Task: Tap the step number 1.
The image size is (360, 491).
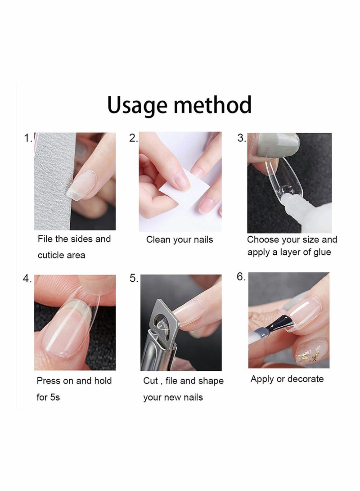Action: tap(27, 138)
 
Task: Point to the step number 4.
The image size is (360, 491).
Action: tap(27, 279)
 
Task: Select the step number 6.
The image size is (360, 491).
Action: tap(241, 277)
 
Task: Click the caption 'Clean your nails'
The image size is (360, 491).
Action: tap(180, 240)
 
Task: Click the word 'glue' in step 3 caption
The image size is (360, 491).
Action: tap(322, 252)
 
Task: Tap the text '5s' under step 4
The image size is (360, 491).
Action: tap(54, 397)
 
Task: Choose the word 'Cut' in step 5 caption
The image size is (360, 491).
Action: tap(150, 381)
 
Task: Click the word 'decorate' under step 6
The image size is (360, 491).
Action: tap(306, 379)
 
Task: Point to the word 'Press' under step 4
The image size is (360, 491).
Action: tap(49, 381)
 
